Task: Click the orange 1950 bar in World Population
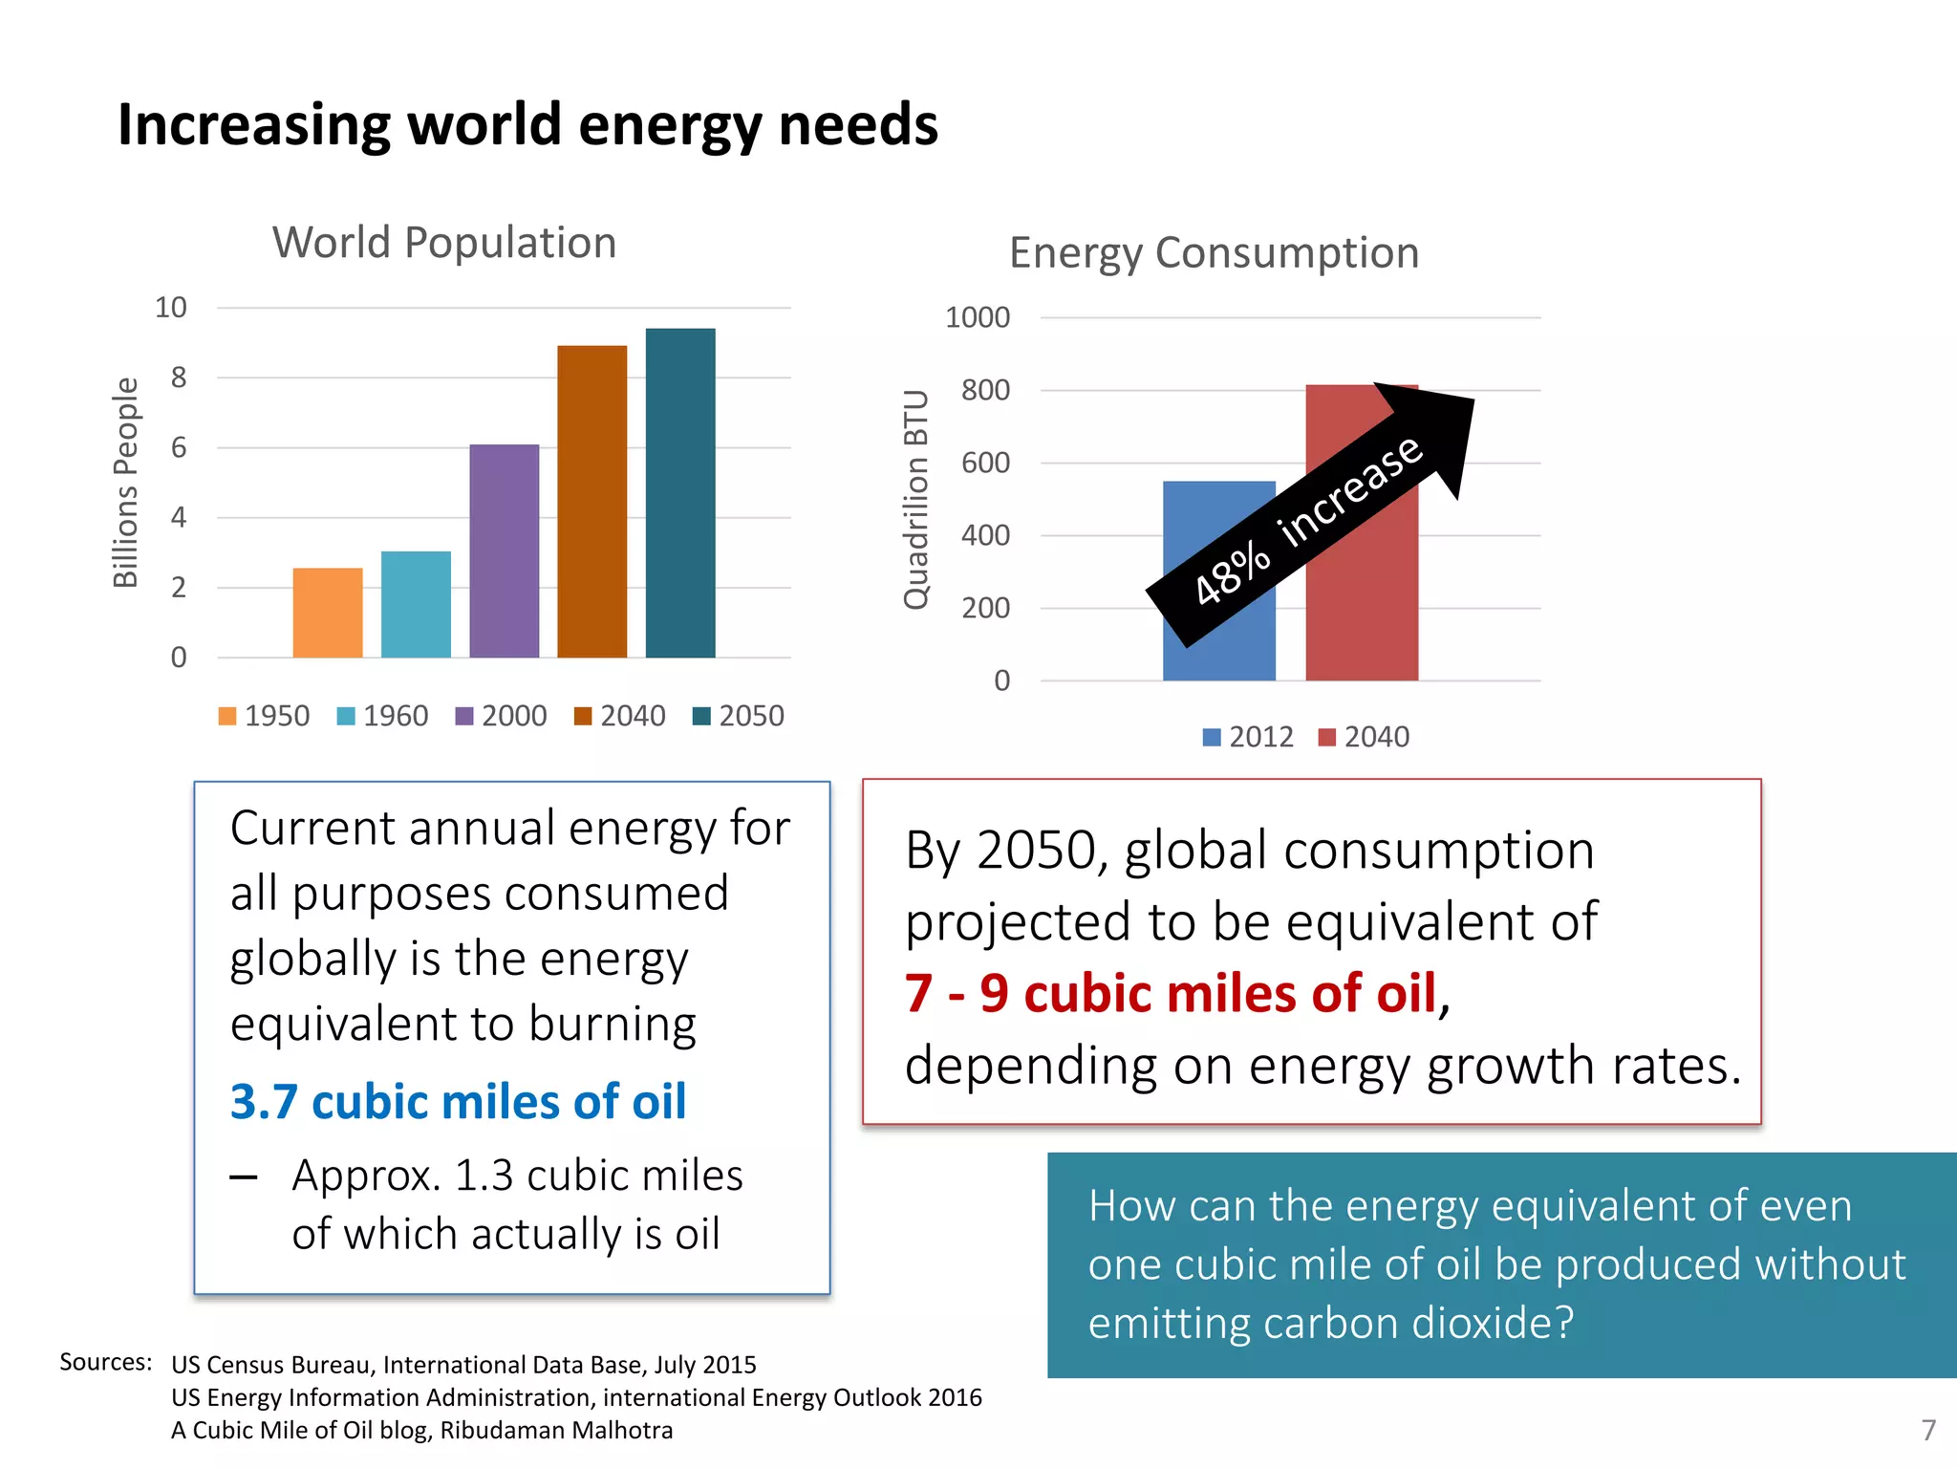click(x=328, y=613)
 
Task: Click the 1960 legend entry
click(x=383, y=716)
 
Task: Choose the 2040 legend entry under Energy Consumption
click(x=1365, y=737)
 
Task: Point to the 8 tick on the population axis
click(x=179, y=378)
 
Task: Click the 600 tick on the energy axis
click(x=985, y=463)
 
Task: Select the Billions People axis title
click(x=126, y=482)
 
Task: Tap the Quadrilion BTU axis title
click(x=916, y=499)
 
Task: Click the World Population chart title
click(x=444, y=243)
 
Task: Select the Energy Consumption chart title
click(x=1214, y=253)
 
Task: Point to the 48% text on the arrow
click(x=1233, y=572)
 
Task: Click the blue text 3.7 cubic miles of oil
click(x=458, y=1102)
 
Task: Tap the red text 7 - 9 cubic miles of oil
click(x=1171, y=993)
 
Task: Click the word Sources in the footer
click(x=105, y=1362)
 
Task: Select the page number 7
click(x=1928, y=1430)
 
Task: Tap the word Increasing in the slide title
click(x=254, y=125)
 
